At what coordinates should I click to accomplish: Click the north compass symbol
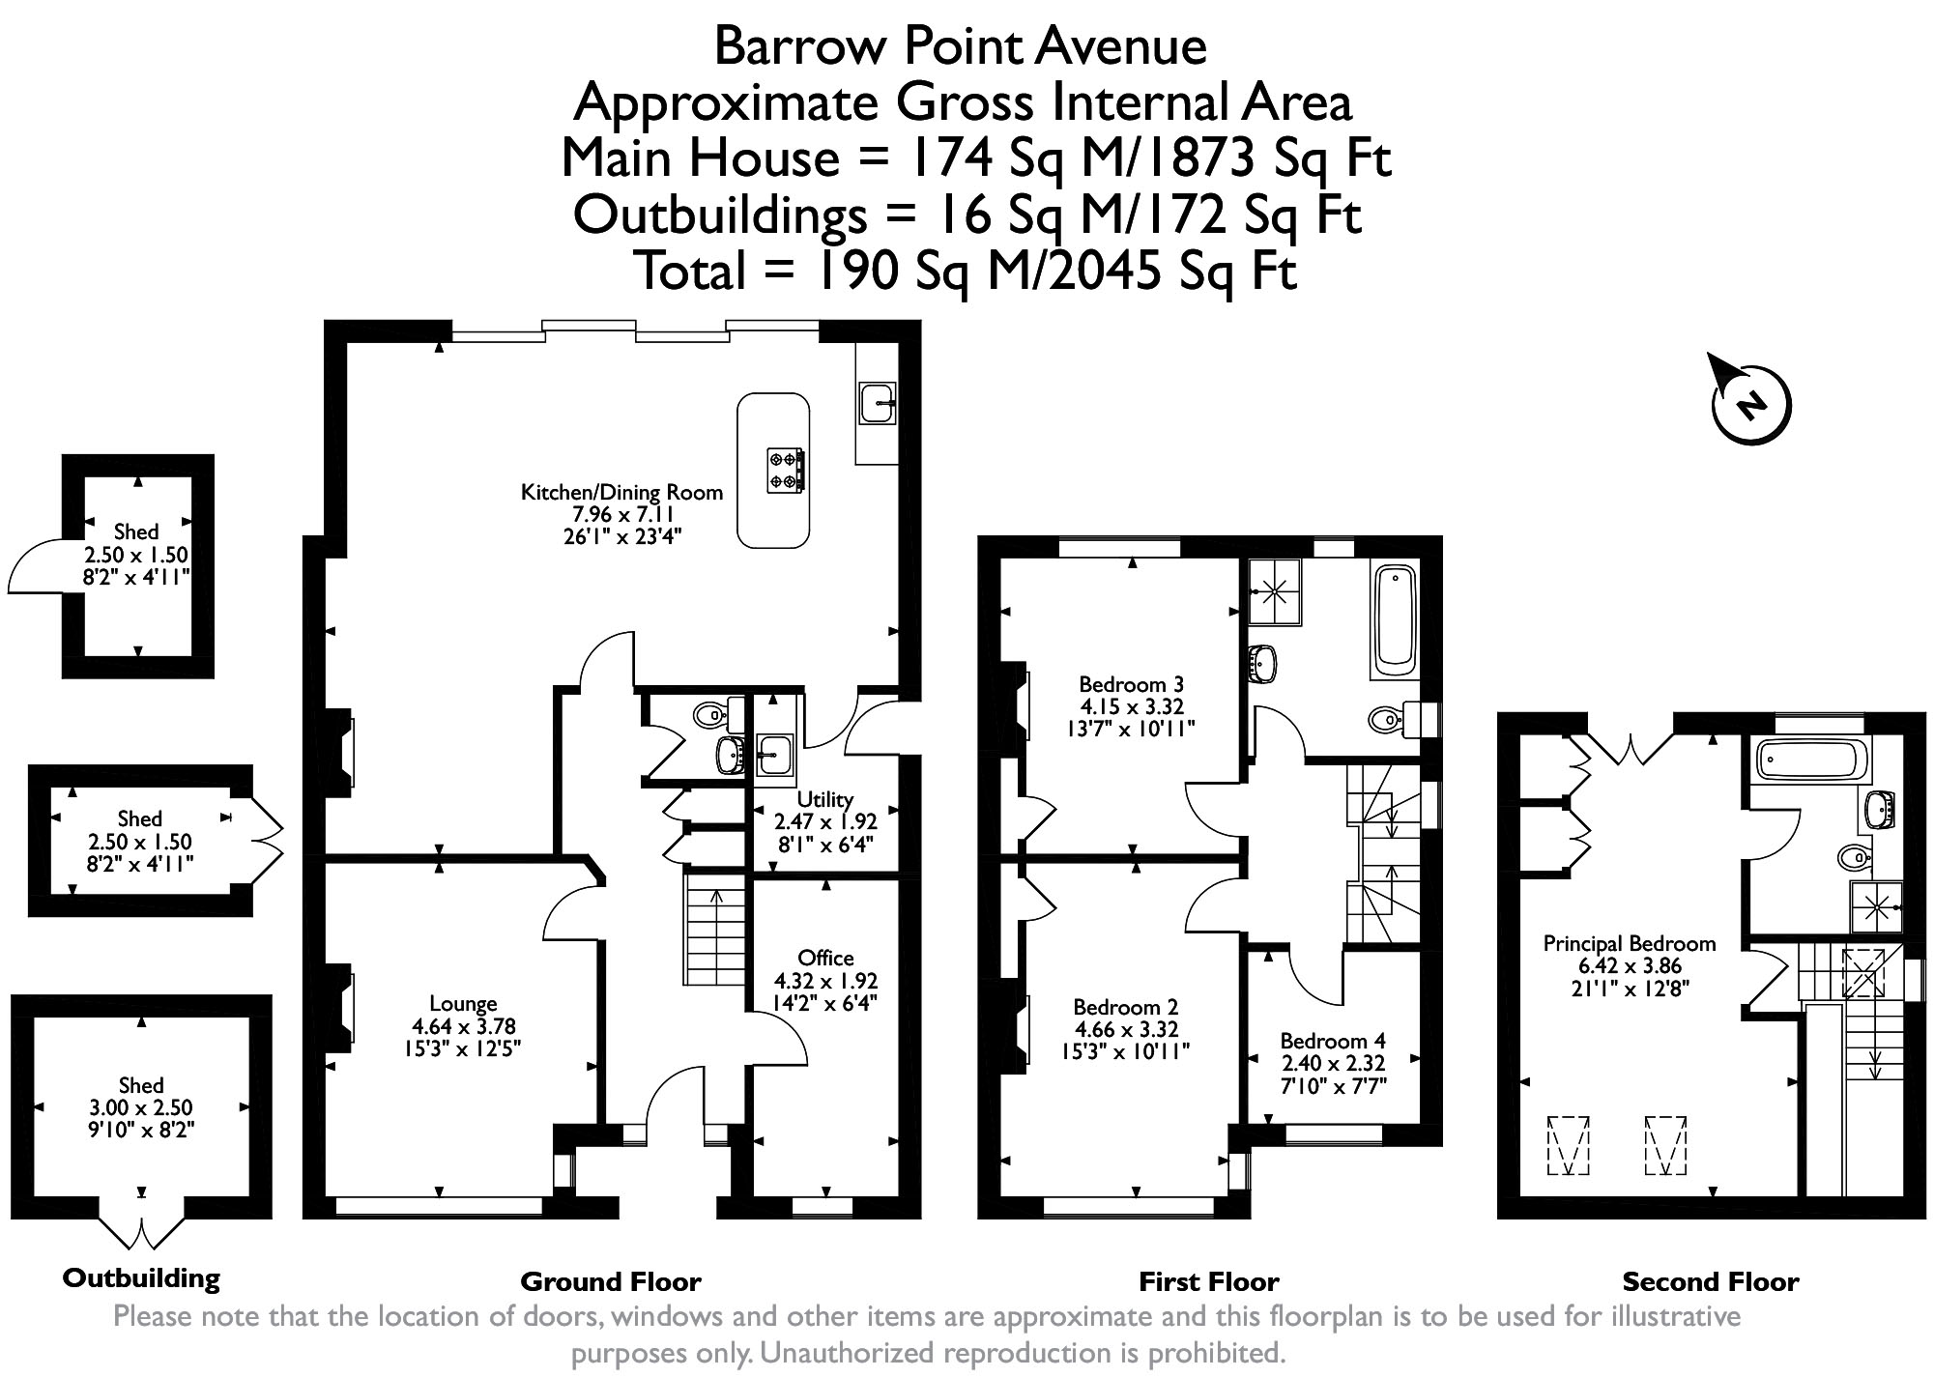tap(1750, 403)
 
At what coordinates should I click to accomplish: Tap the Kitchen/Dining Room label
tap(621, 492)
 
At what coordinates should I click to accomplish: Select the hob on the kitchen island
tap(786, 471)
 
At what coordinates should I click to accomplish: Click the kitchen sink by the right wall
tap(878, 402)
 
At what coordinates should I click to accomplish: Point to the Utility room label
tap(825, 799)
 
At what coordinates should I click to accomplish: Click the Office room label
tap(826, 958)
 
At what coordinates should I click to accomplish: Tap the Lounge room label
tap(463, 1004)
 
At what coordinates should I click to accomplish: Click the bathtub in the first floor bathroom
tap(1393, 620)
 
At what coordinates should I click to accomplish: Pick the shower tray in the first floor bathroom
tap(1276, 592)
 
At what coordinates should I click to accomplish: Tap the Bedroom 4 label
tap(1333, 1041)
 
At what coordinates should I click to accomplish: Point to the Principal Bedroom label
tap(1630, 943)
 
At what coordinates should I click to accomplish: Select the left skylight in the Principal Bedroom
tap(1569, 1146)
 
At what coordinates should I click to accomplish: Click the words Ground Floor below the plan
tap(611, 1282)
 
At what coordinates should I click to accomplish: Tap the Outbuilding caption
tap(141, 1278)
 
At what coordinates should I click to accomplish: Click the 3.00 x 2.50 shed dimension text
tap(141, 1107)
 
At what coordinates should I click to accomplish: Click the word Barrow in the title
tap(792, 45)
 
